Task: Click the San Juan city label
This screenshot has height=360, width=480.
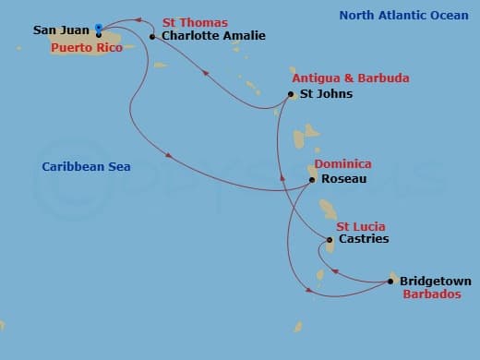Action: [x=61, y=30]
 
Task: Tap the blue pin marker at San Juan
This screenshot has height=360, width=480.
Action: [x=99, y=29]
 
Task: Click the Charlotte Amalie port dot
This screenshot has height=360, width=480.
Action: [x=152, y=37]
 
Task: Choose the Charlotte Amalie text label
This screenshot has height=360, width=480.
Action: [x=212, y=36]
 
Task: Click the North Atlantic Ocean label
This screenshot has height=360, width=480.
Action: [x=403, y=16]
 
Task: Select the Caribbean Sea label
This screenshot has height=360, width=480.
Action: [x=86, y=167]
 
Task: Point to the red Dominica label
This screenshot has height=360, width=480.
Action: [x=342, y=164]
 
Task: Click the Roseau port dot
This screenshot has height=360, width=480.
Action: [x=313, y=178]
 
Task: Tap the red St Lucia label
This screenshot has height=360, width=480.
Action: [x=360, y=226]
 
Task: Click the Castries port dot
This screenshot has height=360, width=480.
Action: [x=330, y=239]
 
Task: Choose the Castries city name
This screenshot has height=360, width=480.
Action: [x=364, y=239]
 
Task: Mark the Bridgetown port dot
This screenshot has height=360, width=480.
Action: [x=392, y=282]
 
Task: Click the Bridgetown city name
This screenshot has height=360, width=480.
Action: [x=435, y=282]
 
